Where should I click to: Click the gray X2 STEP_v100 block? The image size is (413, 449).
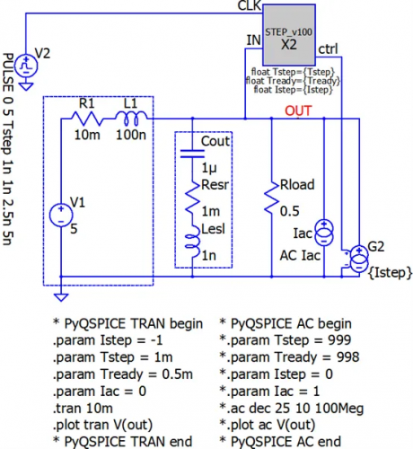pos(289,35)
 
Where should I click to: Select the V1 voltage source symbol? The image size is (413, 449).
pos(61,216)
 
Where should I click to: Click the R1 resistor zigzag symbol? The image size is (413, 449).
pos(87,119)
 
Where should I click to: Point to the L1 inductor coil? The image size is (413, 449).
pos(131,118)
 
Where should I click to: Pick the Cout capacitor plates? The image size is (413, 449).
pos(192,154)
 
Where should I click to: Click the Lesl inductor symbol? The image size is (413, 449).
pos(192,241)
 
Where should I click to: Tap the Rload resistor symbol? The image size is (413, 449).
pos(272,198)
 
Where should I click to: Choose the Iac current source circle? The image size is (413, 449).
pos(324,233)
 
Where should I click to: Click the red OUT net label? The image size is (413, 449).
pos(298,111)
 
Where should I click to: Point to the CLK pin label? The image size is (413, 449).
pos(249,6)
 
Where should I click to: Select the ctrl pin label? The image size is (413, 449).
pos(328,49)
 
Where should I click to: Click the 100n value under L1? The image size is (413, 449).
pos(131,135)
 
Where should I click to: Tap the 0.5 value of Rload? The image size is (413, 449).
pos(289,211)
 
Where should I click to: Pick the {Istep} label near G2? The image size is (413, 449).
pos(390,273)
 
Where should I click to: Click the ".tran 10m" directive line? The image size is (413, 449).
pos(83,409)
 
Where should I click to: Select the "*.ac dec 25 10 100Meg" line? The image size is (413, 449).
pos(292,409)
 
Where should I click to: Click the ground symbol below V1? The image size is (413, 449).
pos(61,297)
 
